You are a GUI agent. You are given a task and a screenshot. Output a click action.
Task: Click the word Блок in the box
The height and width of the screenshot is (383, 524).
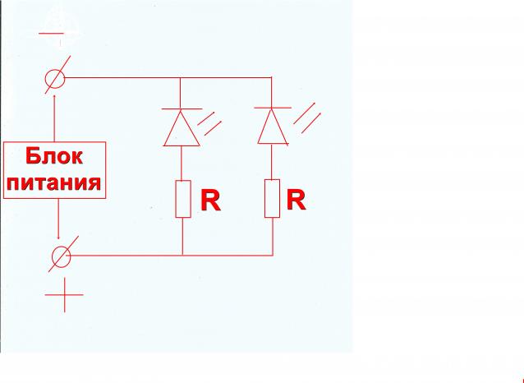click(56, 156)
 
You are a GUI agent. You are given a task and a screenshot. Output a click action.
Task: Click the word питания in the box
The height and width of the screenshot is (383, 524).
click(56, 182)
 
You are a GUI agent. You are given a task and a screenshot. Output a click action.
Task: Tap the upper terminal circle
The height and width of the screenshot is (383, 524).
click(55, 79)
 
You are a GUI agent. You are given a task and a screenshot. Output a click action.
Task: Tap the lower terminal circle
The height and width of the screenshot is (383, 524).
click(61, 256)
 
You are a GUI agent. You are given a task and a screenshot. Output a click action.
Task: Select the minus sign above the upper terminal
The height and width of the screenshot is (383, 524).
click(57, 35)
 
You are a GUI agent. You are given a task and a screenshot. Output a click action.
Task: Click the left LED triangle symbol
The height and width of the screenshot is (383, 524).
click(182, 128)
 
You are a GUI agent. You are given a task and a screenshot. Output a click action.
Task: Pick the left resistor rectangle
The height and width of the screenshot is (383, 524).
click(182, 199)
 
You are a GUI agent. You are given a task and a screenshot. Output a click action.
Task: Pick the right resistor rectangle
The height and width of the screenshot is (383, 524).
click(273, 199)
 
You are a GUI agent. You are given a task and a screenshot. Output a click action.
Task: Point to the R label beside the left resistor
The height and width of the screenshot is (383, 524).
click(211, 201)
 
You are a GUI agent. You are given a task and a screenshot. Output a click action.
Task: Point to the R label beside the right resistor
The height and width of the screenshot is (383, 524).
click(296, 199)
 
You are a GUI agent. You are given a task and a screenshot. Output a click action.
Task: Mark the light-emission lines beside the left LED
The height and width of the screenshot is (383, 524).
click(213, 124)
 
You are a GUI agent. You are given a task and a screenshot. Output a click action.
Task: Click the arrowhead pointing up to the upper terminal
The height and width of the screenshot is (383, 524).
click(55, 97)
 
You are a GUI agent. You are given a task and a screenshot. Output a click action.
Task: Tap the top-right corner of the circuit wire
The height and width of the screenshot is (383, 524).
click(272, 79)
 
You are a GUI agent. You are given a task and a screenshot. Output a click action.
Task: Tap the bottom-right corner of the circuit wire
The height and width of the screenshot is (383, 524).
click(272, 255)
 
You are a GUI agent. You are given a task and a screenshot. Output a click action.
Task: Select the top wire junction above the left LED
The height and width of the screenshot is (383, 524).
click(182, 79)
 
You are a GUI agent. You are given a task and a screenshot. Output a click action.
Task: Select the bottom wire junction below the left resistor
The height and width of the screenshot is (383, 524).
click(182, 255)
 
